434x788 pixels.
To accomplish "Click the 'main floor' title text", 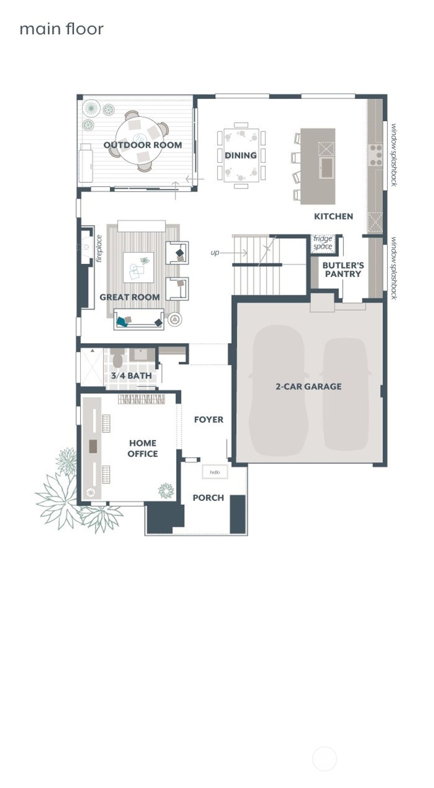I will tap(61, 29).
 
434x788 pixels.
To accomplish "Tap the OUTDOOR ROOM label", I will tap(142, 145).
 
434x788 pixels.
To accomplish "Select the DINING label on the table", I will tap(240, 156).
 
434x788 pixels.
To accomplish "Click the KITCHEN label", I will tap(333, 216).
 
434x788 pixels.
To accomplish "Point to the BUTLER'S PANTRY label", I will tap(343, 270).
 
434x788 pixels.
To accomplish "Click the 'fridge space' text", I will tap(323, 242).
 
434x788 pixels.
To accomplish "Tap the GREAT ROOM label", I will tap(129, 297).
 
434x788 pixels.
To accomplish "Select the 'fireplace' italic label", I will tap(99, 249).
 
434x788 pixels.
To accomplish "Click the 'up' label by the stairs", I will tap(215, 253).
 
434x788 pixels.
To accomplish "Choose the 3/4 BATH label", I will tap(131, 376).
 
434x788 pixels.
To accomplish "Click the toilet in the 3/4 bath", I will tap(118, 359).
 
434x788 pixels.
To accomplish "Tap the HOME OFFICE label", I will tap(142, 448).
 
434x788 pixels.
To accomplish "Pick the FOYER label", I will tap(209, 420).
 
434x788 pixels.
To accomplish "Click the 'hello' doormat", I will tap(215, 472).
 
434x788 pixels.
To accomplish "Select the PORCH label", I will tap(208, 498).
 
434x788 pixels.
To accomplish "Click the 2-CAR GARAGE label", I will tap(308, 387).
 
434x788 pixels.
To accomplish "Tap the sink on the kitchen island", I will tap(326, 168).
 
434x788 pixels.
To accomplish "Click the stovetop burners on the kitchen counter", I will tap(376, 155).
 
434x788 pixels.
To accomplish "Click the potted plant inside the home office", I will tap(166, 491).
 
